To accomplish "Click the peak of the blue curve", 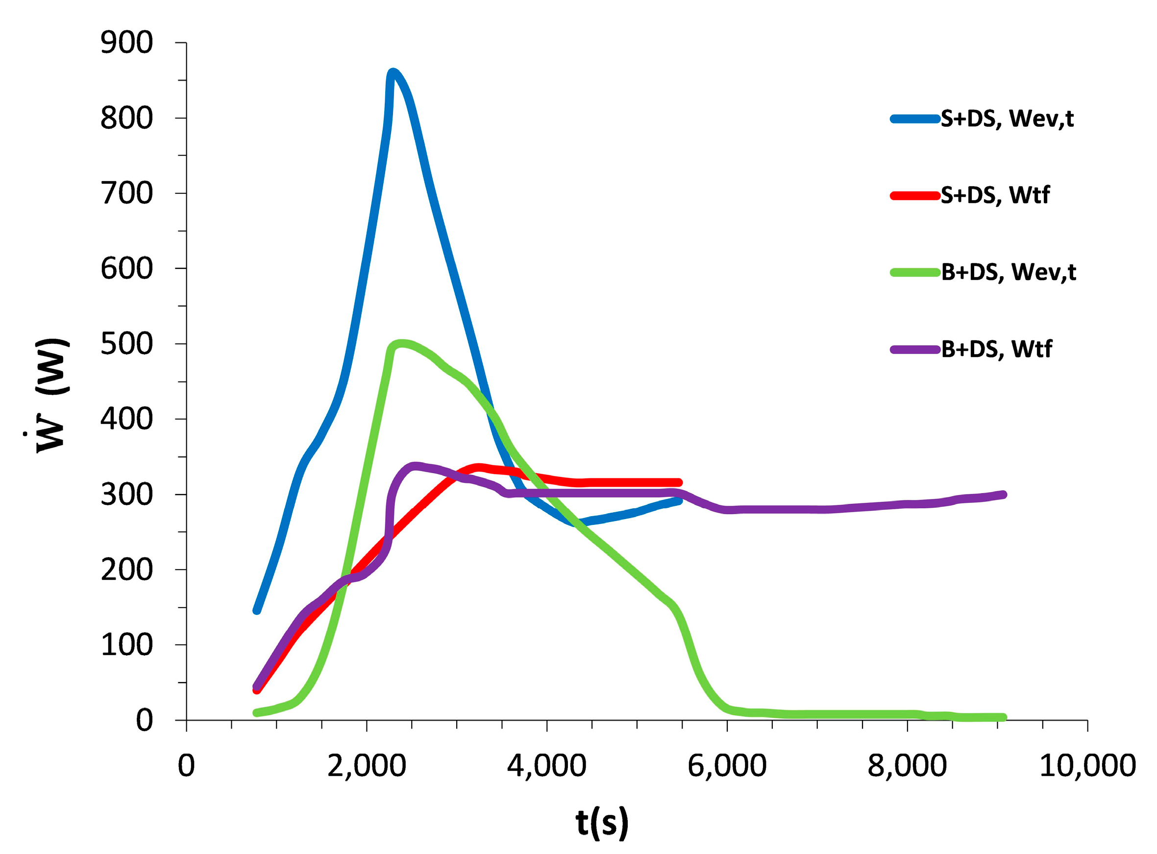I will pyautogui.click(x=393, y=72).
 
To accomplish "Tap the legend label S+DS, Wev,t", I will pyautogui.click(x=1007, y=119).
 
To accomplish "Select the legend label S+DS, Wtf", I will pyautogui.click(x=995, y=195).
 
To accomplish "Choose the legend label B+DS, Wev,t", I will pyautogui.click(x=1008, y=272).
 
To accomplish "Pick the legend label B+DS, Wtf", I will pyautogui.click(x=996, y=350).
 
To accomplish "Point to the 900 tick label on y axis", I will pyautogui.click(x=127, y=43).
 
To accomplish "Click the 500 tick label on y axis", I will pyautogui.click(x=127, y=344).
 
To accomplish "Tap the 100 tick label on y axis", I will pyautogui.click(x=127, y=645).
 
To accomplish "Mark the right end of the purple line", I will pyautogui.click(x=1003, y=495).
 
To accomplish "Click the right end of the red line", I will pyautogui.click(x=679, y=482).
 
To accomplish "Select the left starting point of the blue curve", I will pyautogui.click(x=256, y=611).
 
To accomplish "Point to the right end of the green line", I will pyautogui.click(x=1003, y=717).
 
